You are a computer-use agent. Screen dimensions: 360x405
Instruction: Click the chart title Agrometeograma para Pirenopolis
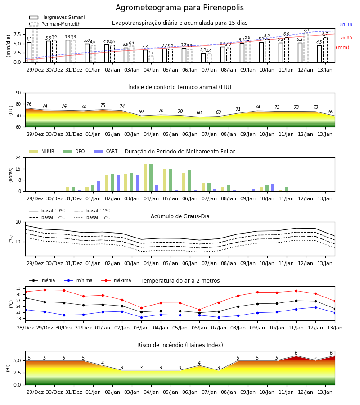click(180, 8)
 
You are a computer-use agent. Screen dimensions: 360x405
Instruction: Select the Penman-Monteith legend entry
click(55, 24)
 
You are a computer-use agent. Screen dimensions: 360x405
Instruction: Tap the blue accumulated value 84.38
click(346, 25)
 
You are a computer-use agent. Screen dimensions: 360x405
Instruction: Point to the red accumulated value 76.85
click(346, 37)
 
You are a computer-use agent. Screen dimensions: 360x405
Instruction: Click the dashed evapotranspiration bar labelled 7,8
click(306, 48)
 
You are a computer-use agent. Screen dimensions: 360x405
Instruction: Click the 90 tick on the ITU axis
click(18, 93)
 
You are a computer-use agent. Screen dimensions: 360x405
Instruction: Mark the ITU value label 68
click(199, 112)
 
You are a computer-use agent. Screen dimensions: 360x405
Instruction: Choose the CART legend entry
click(106, 151)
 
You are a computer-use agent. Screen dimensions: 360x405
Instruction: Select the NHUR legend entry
click(42, 151)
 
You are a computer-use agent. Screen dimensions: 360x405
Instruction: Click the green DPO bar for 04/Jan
click(151, 178)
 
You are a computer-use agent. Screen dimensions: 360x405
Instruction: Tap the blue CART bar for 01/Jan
click(99, 186)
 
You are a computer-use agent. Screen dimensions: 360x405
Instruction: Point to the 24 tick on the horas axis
click(18, 157)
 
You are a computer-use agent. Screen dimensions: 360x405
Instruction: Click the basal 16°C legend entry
click(92, 217)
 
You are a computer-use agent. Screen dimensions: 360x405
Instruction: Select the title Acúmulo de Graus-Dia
click(180, 216)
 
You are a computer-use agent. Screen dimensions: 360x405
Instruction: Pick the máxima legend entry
click(117, 280)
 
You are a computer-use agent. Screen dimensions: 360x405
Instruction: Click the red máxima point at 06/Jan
click(200, 310)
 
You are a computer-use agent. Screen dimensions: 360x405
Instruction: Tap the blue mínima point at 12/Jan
click(315, 307)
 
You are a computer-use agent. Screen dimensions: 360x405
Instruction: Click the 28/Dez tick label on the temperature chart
click(25, 328)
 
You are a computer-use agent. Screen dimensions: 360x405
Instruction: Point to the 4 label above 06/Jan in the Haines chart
click(199, 363)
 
